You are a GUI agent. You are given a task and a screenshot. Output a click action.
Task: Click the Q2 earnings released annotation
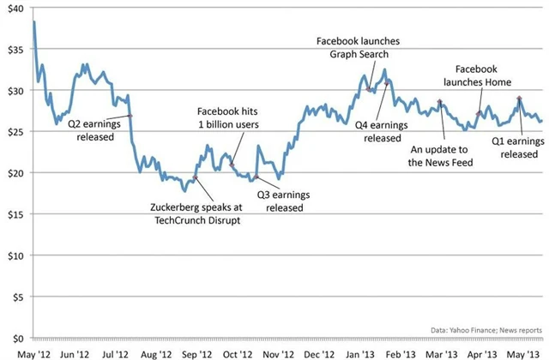(89, 129)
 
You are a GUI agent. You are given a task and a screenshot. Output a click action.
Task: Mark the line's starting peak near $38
(34, 21)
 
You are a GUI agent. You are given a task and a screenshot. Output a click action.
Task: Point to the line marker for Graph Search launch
(369, 88)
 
